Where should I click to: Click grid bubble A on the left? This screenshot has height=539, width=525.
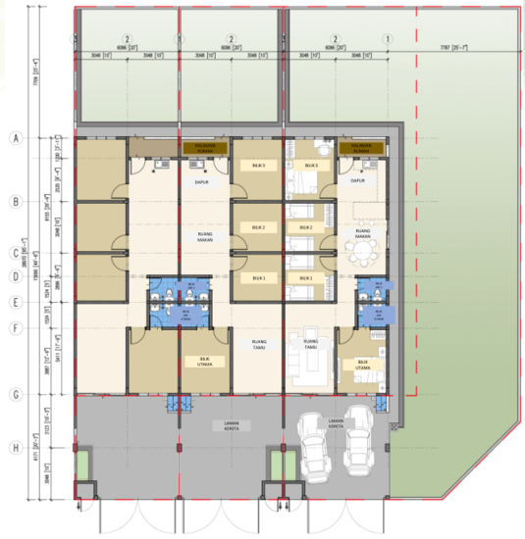(x=15, y=138)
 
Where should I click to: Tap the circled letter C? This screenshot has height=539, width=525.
(x=15, y=251)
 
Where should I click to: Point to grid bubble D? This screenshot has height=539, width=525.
(x=15, y=276)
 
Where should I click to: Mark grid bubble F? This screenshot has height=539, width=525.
(x=15, y=328)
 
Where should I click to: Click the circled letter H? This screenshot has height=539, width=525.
(x=15, y=450)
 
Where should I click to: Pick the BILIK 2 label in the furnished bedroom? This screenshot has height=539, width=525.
(x=306, y=228)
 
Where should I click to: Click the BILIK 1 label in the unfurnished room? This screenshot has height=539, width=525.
(x=259, y=278)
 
